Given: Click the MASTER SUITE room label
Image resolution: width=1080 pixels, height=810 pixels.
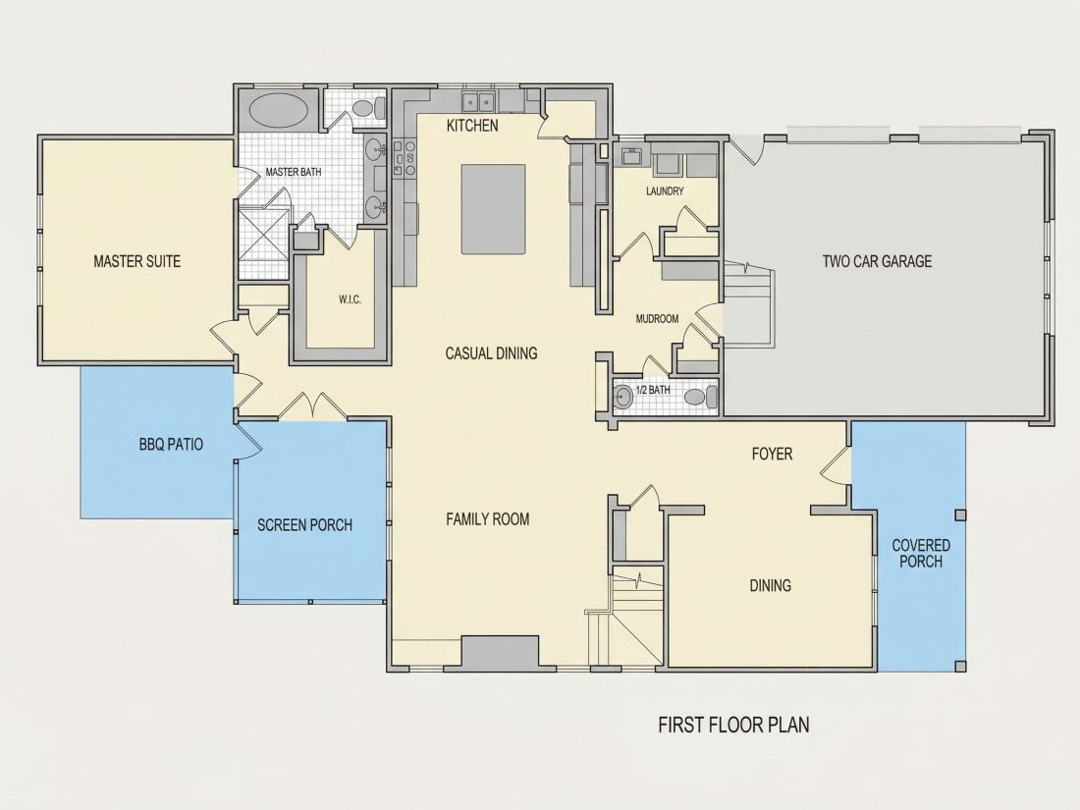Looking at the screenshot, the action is pos(137,261).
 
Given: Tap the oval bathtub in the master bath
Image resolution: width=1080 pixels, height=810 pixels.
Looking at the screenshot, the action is pos(278,110).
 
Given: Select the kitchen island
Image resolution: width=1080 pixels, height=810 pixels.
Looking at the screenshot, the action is pos(493,209).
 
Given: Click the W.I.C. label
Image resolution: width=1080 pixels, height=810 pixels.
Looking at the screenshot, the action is pos(350,299).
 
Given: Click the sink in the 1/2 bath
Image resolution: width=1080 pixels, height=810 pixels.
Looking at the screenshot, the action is pos(623,398).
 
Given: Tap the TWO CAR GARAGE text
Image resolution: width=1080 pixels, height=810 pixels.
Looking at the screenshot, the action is pos(877,261).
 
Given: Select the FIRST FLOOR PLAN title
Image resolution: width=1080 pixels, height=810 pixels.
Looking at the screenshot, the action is pos(733,725).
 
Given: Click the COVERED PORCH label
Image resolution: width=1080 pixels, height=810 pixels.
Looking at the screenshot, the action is pos(921,553).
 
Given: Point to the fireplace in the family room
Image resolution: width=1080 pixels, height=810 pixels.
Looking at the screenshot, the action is pos(500,652).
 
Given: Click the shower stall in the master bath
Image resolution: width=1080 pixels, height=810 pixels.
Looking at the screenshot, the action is pos(264,243).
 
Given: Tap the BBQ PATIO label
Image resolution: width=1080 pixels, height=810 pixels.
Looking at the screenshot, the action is pos(171,444).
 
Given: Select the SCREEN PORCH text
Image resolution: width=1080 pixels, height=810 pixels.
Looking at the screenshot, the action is pos(304,525).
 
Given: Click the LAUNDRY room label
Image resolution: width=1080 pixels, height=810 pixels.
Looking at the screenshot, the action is pos(665,190).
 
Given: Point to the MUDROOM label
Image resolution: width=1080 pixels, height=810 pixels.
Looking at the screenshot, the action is pos(657,319).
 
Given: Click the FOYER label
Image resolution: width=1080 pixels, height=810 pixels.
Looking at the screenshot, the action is pos(772,454).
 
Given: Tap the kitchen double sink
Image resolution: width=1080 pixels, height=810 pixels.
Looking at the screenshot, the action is pos(479,102).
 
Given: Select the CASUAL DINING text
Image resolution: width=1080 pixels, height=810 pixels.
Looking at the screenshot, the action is pos(491,353).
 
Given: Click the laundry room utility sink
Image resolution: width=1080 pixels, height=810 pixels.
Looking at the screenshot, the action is pos(631,156).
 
